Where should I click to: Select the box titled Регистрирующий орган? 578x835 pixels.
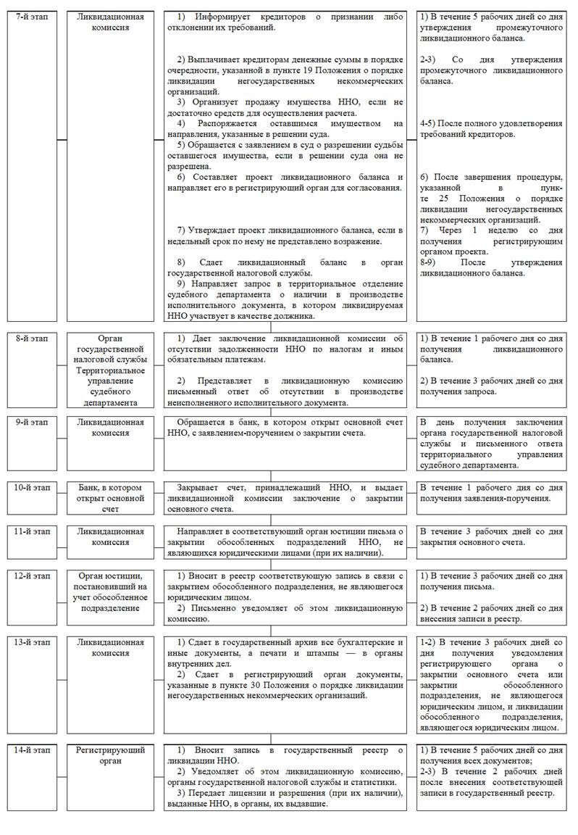[111, 755]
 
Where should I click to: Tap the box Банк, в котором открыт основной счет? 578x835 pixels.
[111, 498]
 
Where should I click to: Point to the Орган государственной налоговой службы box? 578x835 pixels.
[111, 349]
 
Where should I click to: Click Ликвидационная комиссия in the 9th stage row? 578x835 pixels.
[111, 427]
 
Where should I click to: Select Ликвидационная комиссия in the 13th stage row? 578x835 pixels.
[111, 647]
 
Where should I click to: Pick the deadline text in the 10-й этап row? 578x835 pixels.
[490, 493]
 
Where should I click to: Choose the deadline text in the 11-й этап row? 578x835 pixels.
[490, 537]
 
